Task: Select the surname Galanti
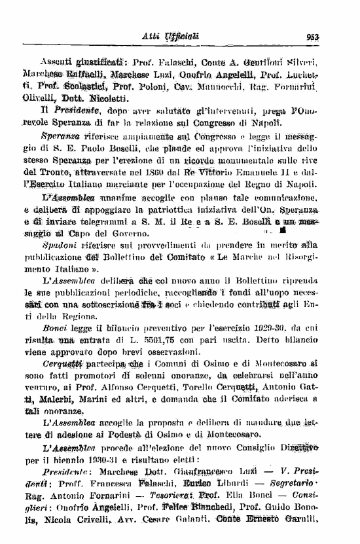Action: [x=192, y=534]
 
